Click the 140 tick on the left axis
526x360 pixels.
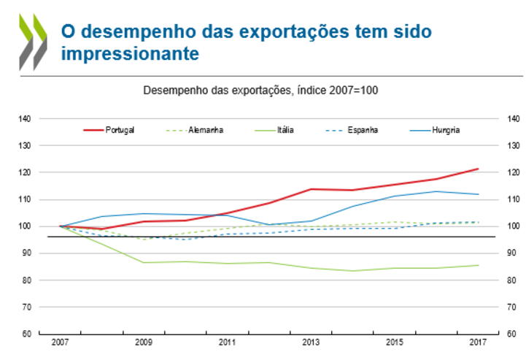pos(24,118)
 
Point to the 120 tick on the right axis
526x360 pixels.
pos(513,172)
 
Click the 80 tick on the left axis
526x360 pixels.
pos(26,280)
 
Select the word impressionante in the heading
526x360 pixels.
pos(129,54)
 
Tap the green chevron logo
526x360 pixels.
pos(33,42)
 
